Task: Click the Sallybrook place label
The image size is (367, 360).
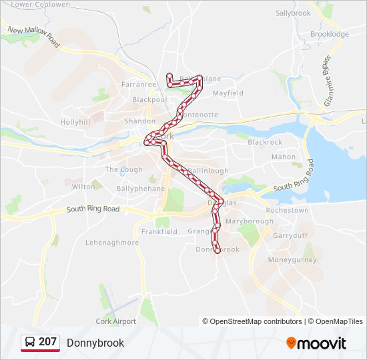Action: tap(293, 13)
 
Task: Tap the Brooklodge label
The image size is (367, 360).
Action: tap(330, 34)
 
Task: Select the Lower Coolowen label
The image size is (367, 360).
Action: tap(41, 4)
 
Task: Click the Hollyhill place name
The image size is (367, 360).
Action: tap(75, 123)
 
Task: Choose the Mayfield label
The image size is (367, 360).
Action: tap(228, 93)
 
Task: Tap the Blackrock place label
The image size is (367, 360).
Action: tap(265, 142)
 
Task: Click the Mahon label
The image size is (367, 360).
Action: tap(284, 157)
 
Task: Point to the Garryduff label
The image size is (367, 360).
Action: tap(289, 235)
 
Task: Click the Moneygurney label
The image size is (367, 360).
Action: tap(292, 259)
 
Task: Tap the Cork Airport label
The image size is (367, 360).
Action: tap(116, 321)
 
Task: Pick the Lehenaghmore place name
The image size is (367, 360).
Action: tap(112, 243)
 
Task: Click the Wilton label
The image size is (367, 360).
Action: tap(83, 187)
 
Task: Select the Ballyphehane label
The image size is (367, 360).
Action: tap(122, 189)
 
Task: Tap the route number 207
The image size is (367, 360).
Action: tap(47, 342)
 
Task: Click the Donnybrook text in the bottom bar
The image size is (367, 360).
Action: tap(95, 343)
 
